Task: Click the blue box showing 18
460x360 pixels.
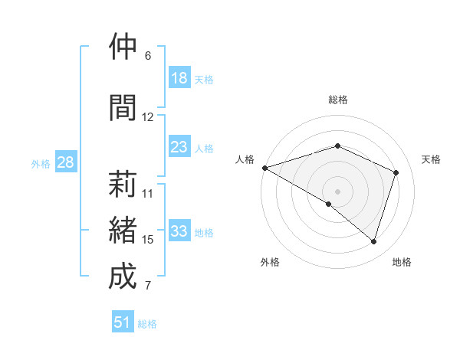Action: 179,78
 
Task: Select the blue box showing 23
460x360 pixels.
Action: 179,147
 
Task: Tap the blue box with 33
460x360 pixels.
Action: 179,231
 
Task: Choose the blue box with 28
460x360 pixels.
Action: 65,162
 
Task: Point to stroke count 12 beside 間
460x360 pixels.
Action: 148,117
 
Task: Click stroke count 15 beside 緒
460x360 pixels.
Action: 148,240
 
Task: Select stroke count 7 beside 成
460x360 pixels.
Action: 148,286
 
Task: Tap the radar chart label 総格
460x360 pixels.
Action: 337,100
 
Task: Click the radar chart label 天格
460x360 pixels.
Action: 431,159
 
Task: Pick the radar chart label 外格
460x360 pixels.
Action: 270,262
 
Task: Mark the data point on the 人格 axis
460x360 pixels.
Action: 264,168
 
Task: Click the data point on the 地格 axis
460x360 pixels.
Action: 373,241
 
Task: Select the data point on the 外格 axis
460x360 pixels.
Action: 329,204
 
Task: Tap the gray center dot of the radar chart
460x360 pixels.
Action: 337,191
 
